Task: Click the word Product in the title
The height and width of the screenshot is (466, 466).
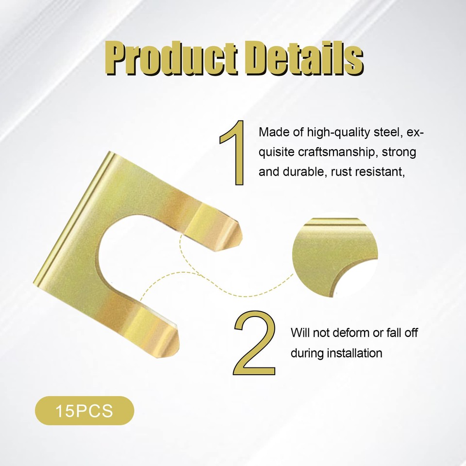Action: [171, 58]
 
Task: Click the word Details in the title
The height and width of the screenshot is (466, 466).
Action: [304, 58]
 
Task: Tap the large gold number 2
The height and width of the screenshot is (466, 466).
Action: [254, 343]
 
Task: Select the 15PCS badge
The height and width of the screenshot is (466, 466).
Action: [84, 411]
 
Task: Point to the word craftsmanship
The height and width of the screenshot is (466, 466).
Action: [338, 152]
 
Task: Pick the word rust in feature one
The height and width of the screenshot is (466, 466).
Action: [341, 172]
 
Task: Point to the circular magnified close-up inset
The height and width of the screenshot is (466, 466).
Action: [335, 257]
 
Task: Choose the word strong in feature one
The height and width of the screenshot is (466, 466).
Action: [399, 152]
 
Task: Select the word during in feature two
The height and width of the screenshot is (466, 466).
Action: [307, 353]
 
